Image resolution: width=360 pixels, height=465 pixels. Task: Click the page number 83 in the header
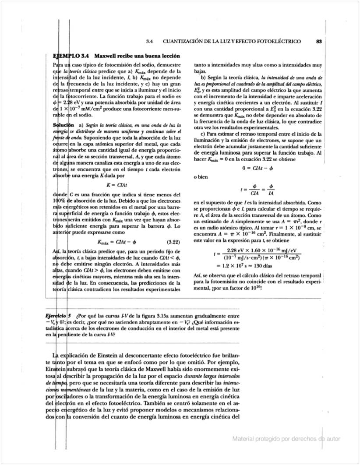[x=318, y=42]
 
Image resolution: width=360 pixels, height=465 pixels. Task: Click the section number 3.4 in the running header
[x=149, y=42]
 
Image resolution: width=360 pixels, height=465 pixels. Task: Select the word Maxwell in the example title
[x=106, y=56]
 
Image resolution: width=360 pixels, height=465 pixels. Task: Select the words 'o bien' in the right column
[x=201, y=177]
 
